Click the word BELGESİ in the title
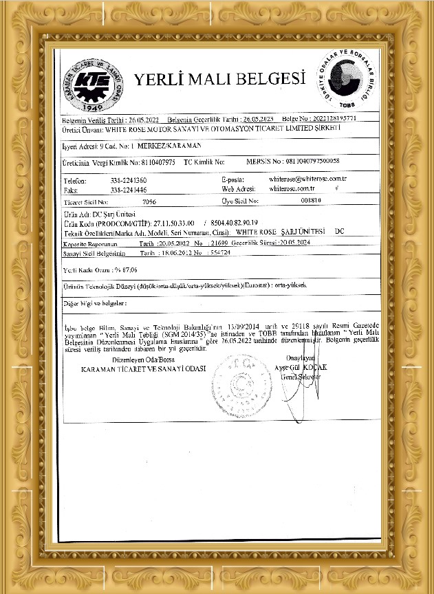(x=265, y=80)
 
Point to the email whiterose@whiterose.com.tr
(x=307, y=179)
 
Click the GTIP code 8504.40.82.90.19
(x=233, y=223)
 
